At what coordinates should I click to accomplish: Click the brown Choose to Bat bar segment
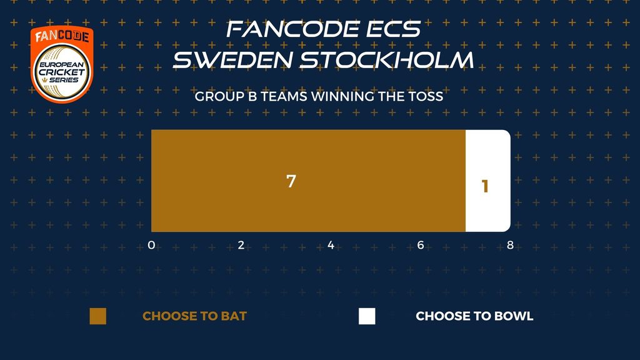coord(308,181)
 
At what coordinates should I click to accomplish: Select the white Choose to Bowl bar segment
coord(488,181)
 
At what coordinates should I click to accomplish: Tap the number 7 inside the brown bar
coord(291,181)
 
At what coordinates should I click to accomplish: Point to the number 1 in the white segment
coord(485,186)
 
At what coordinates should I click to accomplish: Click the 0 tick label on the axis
coord(151,245)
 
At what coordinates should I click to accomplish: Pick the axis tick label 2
coord(241,245)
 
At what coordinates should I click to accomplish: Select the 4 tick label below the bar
coord(331,245)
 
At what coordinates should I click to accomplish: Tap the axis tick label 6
coord(421,245)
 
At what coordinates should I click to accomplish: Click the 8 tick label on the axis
coord(510,245)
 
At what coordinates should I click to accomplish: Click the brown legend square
coord(98,316)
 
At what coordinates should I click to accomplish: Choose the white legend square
coord(367,316)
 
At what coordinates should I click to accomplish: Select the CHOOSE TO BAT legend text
coord(195,316)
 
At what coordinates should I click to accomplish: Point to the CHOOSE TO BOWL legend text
coord(474,316)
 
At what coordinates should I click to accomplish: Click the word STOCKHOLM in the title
coord(387,60)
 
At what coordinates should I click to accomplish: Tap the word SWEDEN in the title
coord(232,60)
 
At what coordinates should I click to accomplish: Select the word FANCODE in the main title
coord(292,29)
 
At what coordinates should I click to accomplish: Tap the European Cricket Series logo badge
coord(62,64)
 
